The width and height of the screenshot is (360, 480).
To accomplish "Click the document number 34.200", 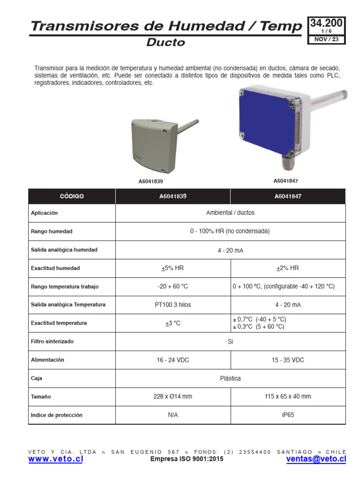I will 326,23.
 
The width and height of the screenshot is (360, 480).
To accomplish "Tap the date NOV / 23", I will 326,39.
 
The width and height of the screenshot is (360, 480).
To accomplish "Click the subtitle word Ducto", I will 165,43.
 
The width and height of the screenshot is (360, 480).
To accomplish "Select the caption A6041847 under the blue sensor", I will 286,180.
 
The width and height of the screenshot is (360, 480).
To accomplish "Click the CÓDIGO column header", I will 71,196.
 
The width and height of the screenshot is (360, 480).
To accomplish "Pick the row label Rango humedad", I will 52,232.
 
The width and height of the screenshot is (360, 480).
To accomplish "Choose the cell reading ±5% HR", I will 172,268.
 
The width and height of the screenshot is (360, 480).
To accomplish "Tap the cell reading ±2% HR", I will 287,268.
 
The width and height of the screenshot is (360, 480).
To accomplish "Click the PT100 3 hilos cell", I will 172,305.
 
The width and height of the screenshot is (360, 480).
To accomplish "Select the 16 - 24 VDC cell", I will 172,360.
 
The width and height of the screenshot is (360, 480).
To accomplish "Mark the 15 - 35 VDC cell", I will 287,360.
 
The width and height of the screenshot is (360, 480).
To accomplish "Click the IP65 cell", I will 287,415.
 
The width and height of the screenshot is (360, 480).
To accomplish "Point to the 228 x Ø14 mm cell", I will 172,397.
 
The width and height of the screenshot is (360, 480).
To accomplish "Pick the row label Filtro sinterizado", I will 52,342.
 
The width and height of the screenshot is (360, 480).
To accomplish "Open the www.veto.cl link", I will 55,460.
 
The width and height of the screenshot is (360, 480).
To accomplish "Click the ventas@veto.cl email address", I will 316,460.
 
